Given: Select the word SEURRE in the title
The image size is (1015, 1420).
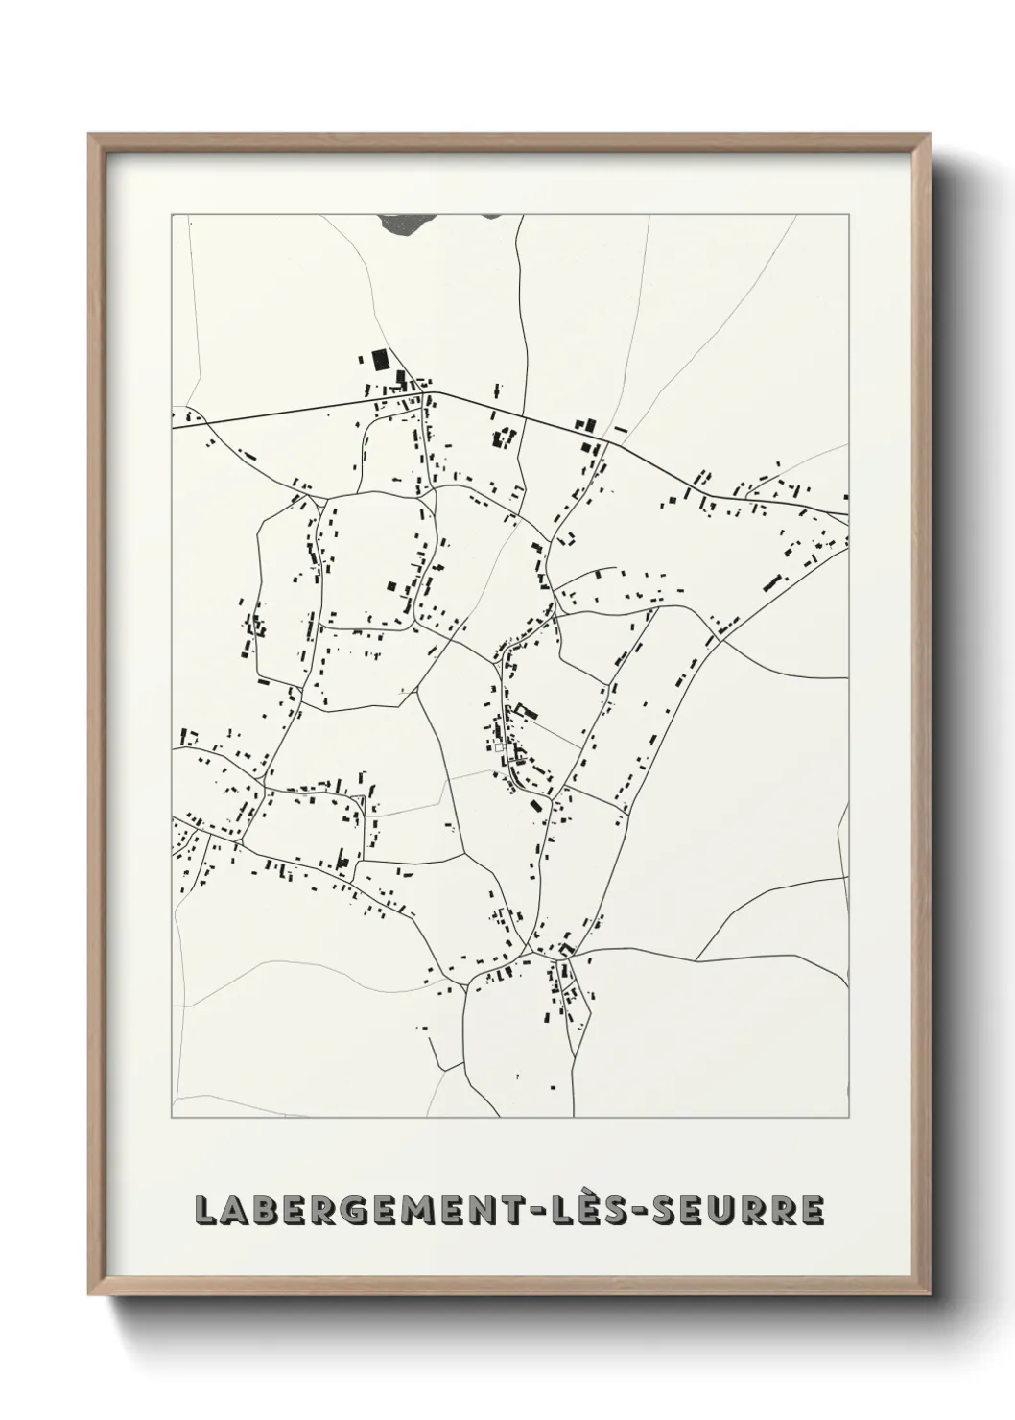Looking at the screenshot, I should pos(739,1211).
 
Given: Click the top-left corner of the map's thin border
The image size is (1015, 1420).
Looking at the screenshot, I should pos(172,215).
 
